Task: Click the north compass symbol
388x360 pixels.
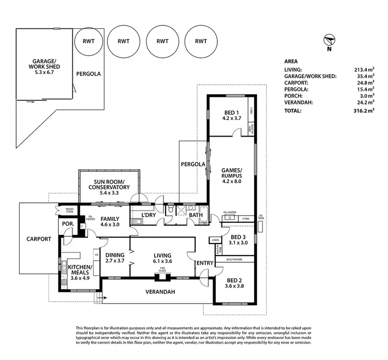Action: pos(329,41)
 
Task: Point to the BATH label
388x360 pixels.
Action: pos(196,215)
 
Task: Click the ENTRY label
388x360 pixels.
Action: pos(205,263)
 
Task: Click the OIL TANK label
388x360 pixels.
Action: pos(261,217)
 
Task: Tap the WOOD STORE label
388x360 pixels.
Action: pos(66,211)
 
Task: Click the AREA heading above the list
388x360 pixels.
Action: pos(291,60)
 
